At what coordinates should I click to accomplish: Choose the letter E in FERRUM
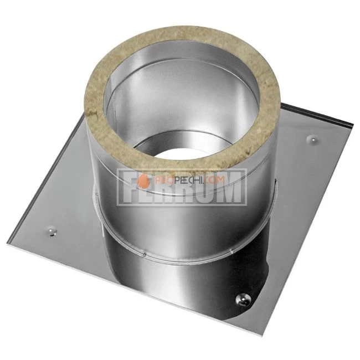click(x=151, y=191)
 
